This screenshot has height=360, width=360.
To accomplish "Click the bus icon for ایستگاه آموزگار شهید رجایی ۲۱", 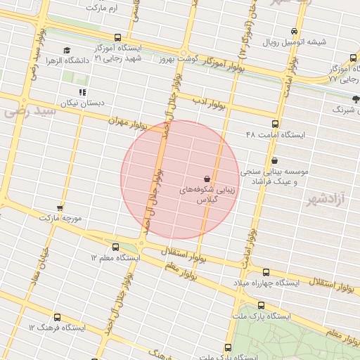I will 117,38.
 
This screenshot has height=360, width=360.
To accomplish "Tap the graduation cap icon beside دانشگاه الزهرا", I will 67,51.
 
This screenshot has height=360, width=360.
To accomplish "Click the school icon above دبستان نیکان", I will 83,92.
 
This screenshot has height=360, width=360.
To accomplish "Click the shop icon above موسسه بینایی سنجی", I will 274,161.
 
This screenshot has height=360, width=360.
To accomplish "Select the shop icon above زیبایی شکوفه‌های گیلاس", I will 207,179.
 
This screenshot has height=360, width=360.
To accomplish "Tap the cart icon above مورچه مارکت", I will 60,207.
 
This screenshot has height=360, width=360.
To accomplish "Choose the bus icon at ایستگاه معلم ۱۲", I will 116,247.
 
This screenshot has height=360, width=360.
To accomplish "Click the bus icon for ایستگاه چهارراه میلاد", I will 265,272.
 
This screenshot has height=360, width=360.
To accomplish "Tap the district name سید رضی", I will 29,111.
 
